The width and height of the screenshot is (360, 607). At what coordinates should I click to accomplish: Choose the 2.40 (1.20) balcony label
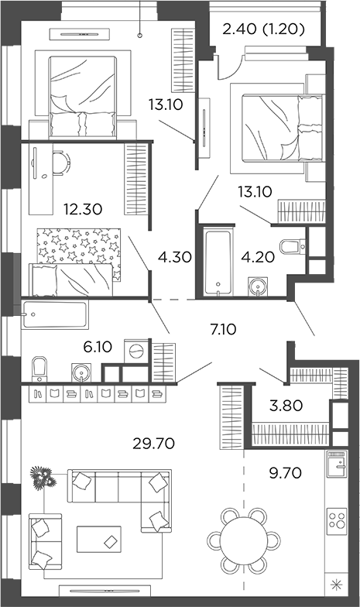pyautogui.click(x=262, y=31)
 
